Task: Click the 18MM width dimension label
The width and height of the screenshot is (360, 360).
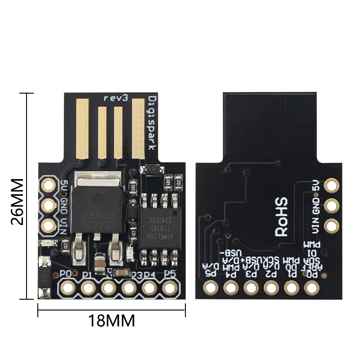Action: pyautogui.click(x=112, y=321)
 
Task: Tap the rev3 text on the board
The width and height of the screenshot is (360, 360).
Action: pyautogui.click(x=116, y=97)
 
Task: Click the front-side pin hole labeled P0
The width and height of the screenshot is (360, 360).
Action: pyautogui.click(x=67, y=287)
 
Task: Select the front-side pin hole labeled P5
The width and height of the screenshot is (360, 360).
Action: pyautogui.click(x=169, y=287)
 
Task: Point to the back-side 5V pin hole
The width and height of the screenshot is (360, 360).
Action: pyautogui.click(x=332, y=185)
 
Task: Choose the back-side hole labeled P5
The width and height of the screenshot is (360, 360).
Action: pyautogui.click(x=210, y=287)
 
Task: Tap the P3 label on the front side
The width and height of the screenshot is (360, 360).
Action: pyautogui.click(x=137, y=275)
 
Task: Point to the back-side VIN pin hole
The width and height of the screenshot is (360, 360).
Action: pyautogui.click(x=332, y=225)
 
